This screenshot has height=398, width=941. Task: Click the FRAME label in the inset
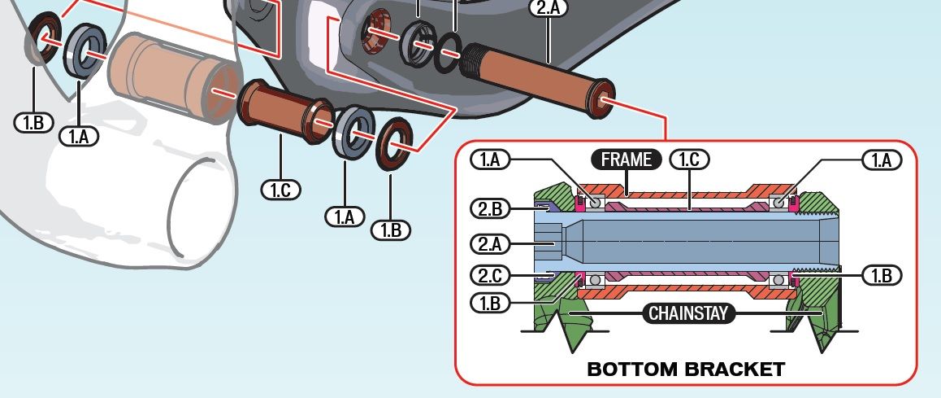627,160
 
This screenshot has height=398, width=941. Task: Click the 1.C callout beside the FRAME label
688,160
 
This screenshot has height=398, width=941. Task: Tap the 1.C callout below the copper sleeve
280,190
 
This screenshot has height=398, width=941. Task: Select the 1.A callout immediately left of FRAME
490,160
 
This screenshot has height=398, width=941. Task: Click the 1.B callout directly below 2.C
490,302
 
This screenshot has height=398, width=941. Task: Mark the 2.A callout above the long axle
549,8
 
